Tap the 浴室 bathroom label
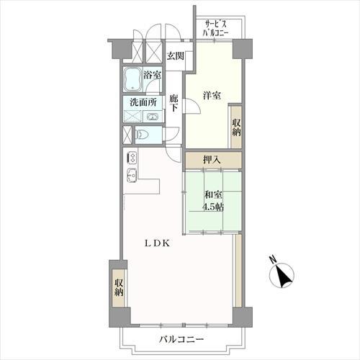[x=152, y=75]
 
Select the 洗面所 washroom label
[x=142, y=102]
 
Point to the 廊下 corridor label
[x=174, y=104]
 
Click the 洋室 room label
[x=211, y=95]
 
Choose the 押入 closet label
[x=211, y=160]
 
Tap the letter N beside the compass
[x=272, y=260]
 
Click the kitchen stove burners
[x=132, y=159]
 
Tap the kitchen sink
[x=131, y=179]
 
